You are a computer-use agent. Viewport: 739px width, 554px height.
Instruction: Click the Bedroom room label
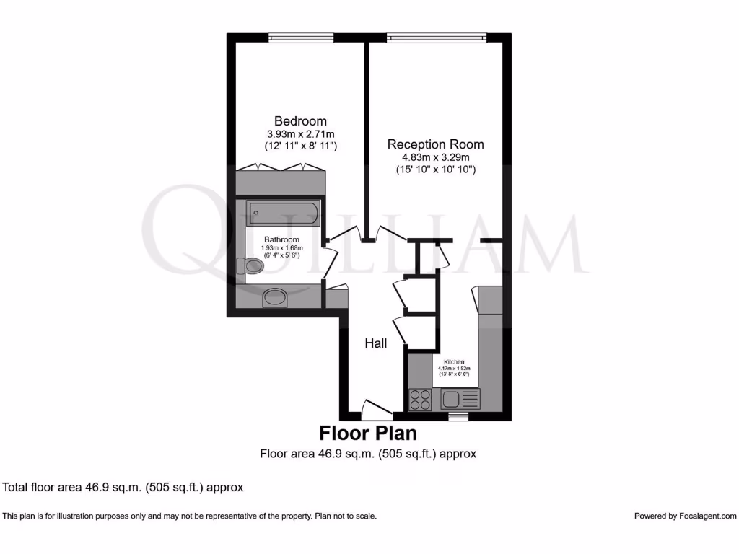tap(300, 121)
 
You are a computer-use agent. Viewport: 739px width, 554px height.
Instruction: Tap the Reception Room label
tap(435, 144)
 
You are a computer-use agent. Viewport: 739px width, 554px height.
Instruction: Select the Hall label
tap(376, 344)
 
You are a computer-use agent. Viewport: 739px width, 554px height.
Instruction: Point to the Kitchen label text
tap(454, 361)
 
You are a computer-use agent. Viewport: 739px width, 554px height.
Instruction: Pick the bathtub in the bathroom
tap(283, 214)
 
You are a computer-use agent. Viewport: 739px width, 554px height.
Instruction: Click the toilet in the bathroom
tap(253, 267)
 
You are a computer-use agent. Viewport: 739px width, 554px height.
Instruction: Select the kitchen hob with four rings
tap(420, 399)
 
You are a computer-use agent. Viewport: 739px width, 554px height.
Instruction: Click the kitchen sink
tap(460, 399)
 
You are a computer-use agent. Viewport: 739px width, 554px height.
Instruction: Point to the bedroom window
tap(300, 37)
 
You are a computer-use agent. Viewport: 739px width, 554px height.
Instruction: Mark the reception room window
tap(436, 37)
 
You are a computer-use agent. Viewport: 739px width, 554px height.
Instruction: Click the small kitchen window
tap(458, 416)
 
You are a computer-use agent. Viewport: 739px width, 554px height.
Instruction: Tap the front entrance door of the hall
tap(376, 410)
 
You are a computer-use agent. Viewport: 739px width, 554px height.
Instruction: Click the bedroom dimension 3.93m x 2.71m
tap(301, 134)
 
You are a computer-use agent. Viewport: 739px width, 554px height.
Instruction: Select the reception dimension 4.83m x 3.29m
tap(436, 158)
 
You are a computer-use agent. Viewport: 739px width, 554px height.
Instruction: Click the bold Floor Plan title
tap(368, 434)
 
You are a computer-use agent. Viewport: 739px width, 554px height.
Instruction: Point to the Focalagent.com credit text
tap(685, 516)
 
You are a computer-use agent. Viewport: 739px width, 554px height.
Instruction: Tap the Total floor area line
tap(123, 487)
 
